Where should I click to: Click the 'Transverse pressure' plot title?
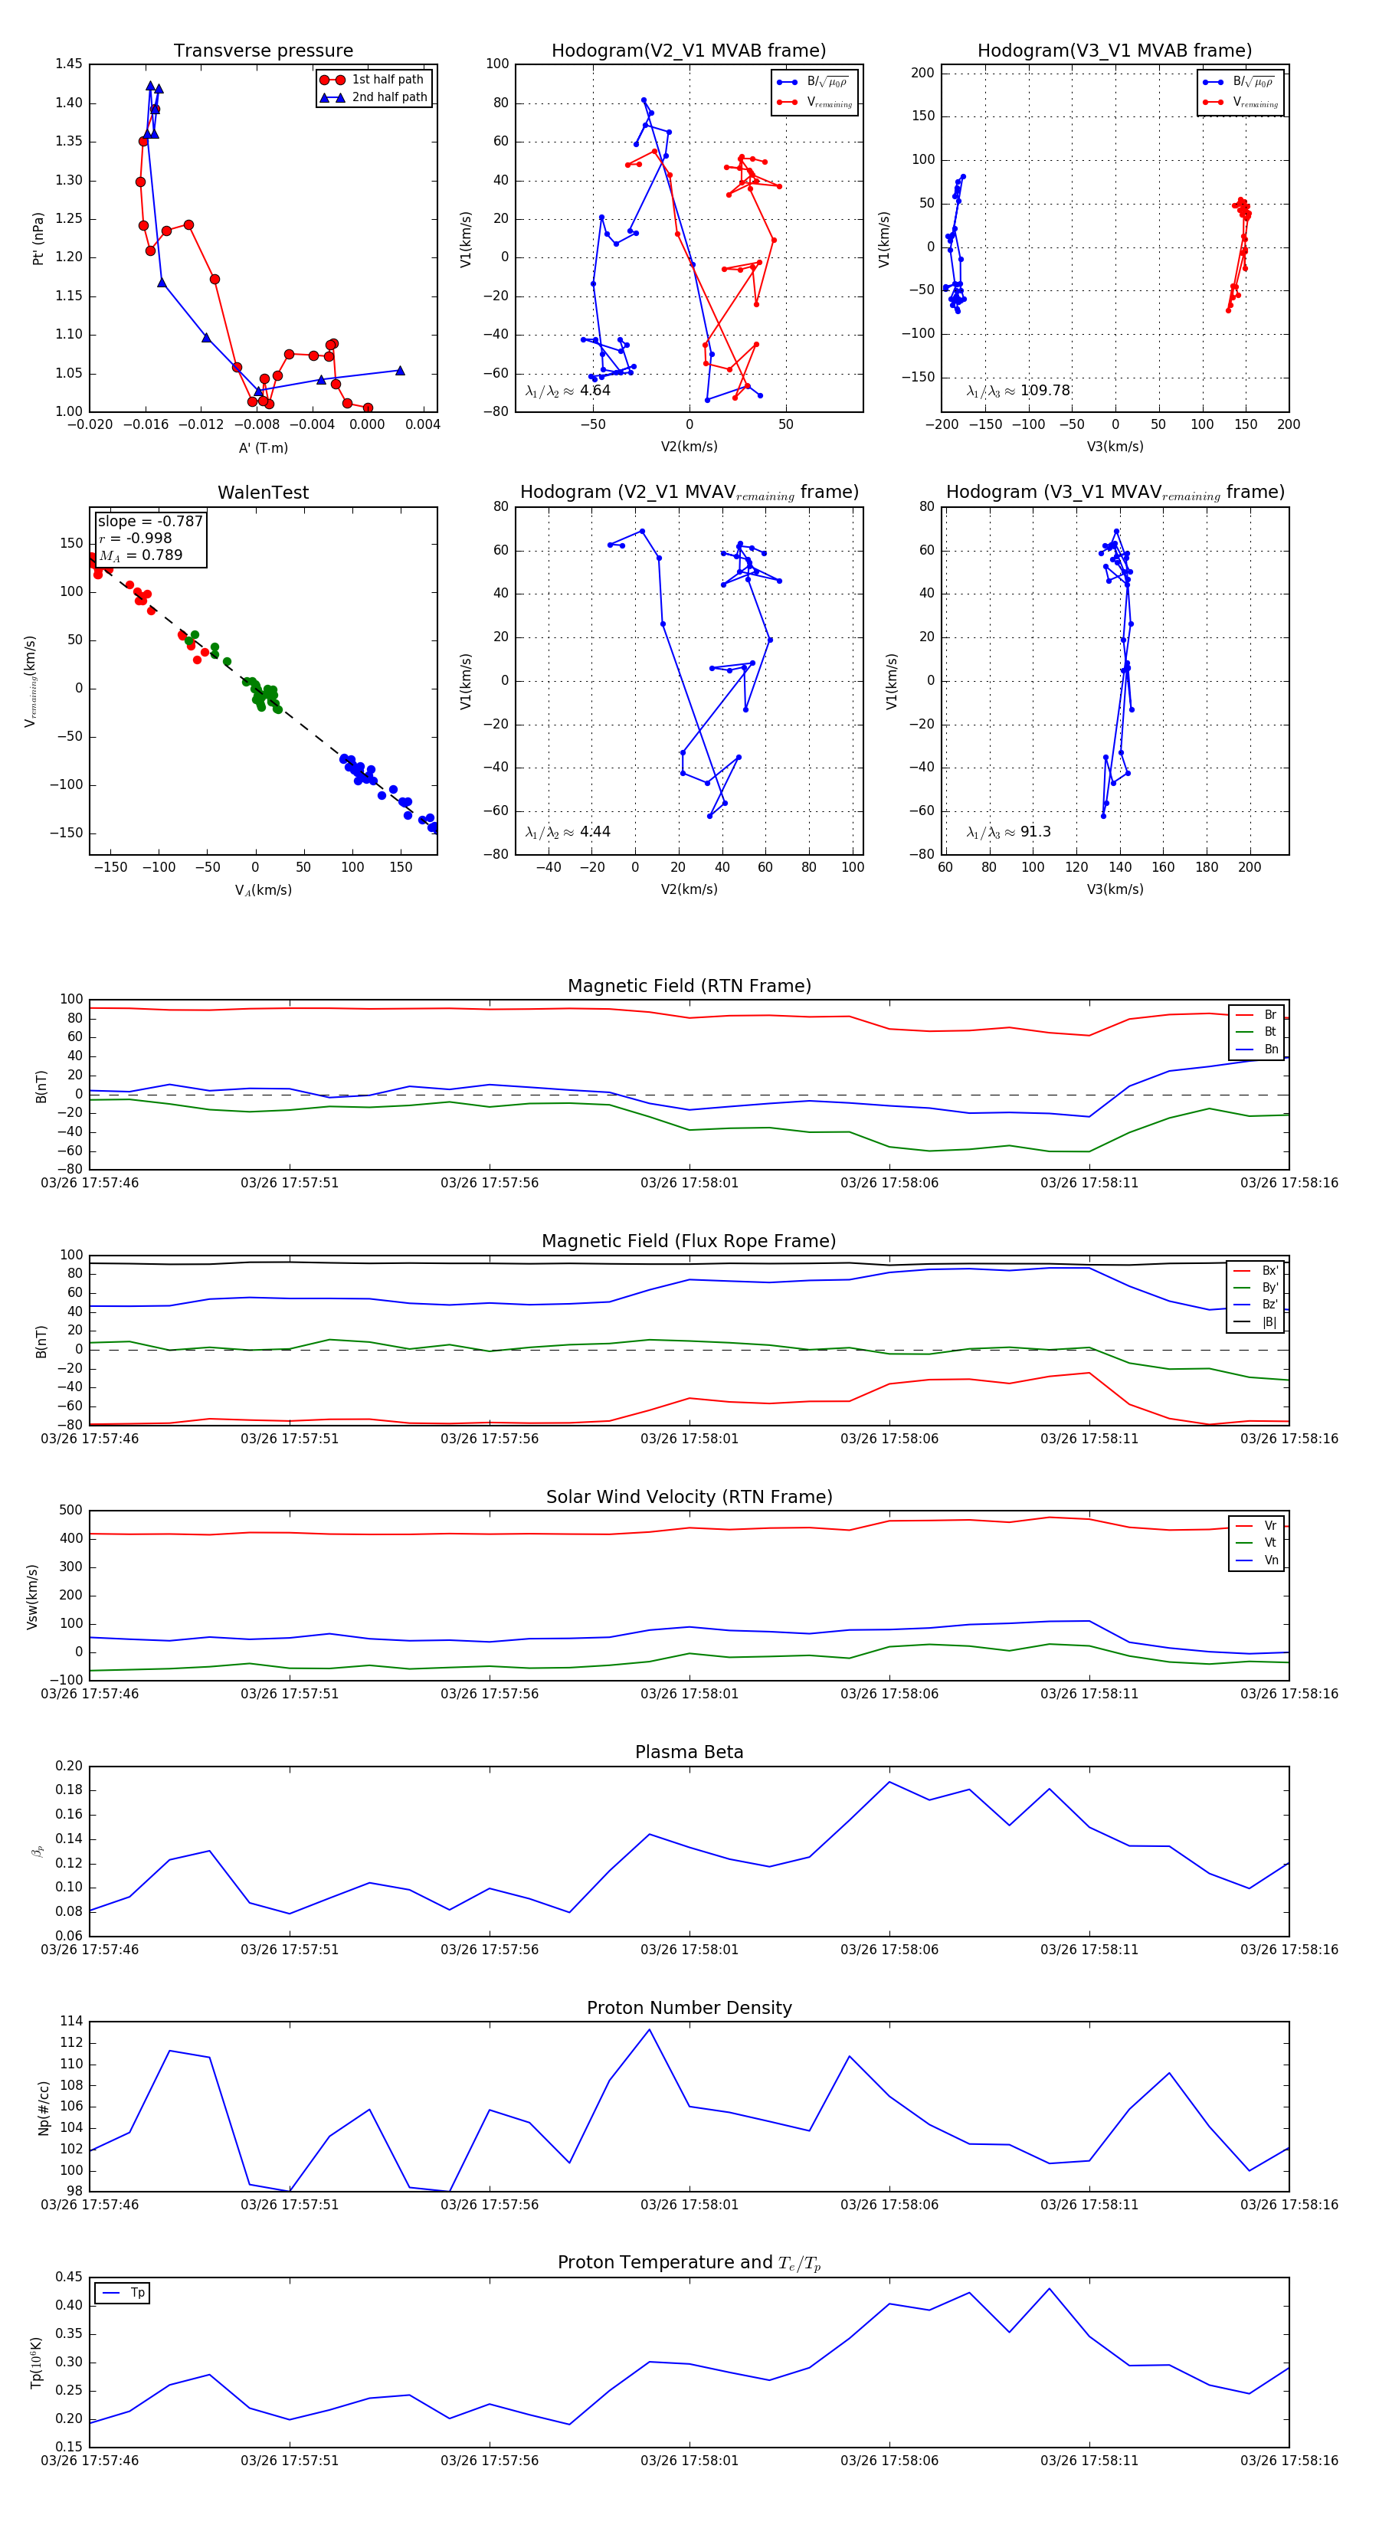263,51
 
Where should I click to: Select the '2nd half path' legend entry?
388,97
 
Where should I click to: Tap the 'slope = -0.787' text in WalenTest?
150,521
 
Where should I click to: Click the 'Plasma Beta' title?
689,1752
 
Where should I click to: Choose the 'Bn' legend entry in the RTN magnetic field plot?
1270,1049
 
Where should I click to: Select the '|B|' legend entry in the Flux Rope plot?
1269,1322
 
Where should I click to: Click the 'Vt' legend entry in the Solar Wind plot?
1270,1543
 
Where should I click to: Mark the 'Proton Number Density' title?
689,2008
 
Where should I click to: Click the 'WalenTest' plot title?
263,493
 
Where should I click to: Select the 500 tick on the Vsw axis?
70,1511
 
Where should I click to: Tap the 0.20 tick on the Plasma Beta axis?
69,1766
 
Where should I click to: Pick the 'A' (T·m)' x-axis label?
263,447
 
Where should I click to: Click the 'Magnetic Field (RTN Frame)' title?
689,986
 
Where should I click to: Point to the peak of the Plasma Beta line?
889,1781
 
